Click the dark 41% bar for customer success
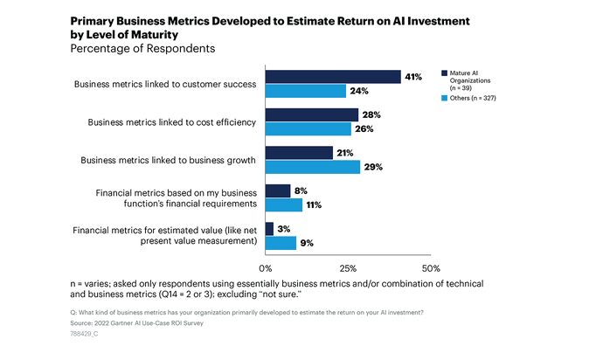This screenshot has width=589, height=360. tap(333, 77)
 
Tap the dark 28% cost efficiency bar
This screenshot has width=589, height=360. tap(311, 114)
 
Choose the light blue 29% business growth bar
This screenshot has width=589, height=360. tap(312, 167)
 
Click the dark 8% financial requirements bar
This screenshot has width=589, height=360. tap(277, 190)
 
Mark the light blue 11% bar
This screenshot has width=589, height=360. tap(282, 205)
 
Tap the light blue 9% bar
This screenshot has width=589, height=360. tap(280, 243)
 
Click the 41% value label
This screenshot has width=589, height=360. tap(413, 77)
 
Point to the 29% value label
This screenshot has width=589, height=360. tap(373, 167)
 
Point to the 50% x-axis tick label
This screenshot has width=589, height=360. tap(430, 267)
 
